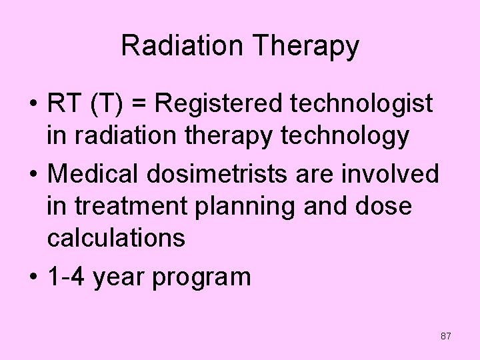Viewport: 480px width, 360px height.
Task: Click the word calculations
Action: click(116, 238)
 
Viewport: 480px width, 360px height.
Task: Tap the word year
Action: click(120, 277)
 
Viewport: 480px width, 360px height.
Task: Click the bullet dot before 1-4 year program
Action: click(32, 276)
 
